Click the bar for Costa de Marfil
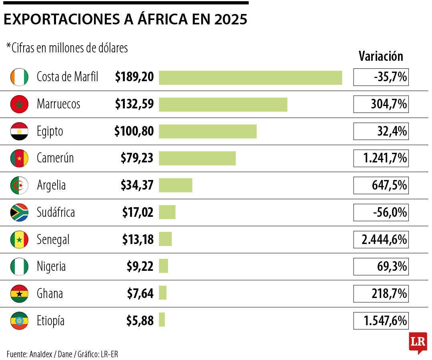(250, 78)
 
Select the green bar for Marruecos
(223, 104)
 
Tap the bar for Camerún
(197, 158)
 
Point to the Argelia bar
(175, 185)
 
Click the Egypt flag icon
(19, 131)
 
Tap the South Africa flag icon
(19, 212)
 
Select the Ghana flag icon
(19, 294)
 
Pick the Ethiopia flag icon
(19, 320)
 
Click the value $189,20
(134, 77)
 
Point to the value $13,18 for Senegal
(138, 240)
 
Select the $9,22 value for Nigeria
(140, 266)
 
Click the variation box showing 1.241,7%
(381, 159)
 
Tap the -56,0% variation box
(381, 212)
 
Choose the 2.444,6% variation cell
(381, 240)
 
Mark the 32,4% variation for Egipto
(381, 131)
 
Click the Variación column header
(381, 56)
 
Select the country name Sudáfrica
(56, 212)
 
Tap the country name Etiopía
(50, 320)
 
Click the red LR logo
(418, 342)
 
